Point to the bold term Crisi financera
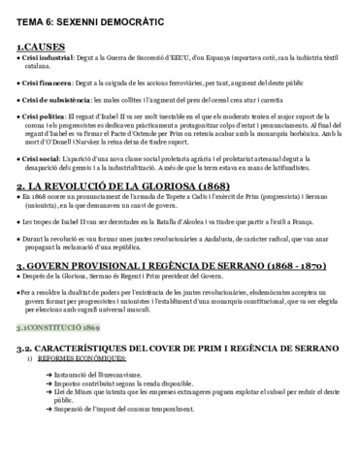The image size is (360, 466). pyautogui.click(x=48, y=83)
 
